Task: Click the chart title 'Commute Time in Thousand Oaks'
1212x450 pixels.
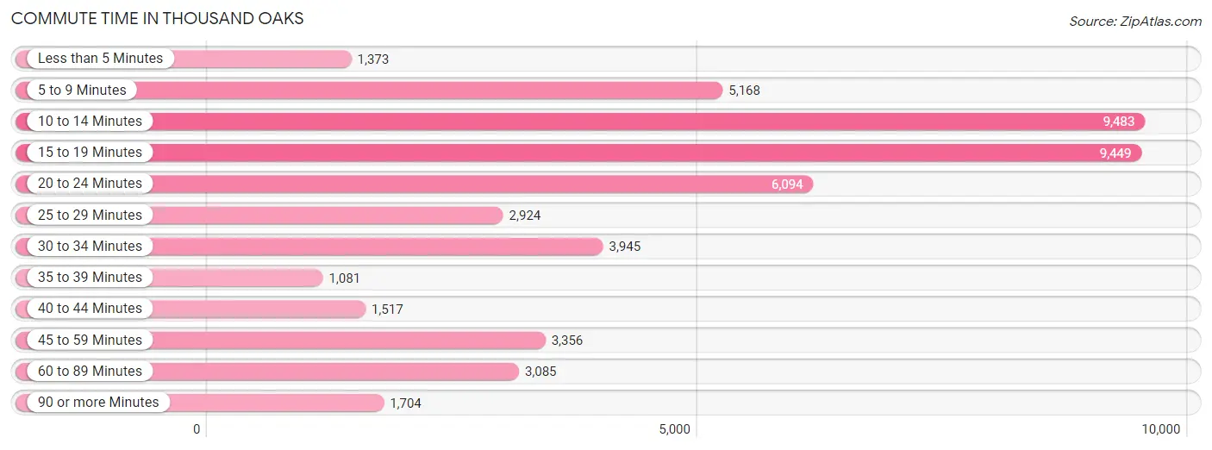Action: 157,18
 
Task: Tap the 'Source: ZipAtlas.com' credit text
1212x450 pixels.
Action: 1135,21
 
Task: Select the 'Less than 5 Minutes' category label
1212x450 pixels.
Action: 100,59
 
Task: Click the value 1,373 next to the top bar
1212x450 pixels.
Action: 372,59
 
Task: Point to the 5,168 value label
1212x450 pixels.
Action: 744,91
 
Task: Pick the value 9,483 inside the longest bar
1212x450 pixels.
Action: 1118,122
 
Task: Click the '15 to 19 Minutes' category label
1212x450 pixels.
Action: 90,153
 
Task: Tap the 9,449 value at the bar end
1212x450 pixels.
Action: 1115,153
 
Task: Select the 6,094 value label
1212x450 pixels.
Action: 787,184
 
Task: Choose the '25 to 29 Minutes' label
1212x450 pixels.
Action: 90,216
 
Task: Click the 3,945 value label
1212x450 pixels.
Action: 624,247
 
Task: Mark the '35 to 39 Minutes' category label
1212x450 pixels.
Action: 90,278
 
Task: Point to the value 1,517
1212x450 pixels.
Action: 387,309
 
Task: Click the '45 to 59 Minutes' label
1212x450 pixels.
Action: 90,341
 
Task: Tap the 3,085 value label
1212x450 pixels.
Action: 540,372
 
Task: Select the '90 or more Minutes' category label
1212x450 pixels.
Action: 98,403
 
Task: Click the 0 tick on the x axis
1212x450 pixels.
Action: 197,429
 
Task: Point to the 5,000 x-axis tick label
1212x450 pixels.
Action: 674,429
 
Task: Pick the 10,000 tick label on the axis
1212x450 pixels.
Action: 1160,429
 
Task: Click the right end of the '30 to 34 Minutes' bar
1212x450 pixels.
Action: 603,247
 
